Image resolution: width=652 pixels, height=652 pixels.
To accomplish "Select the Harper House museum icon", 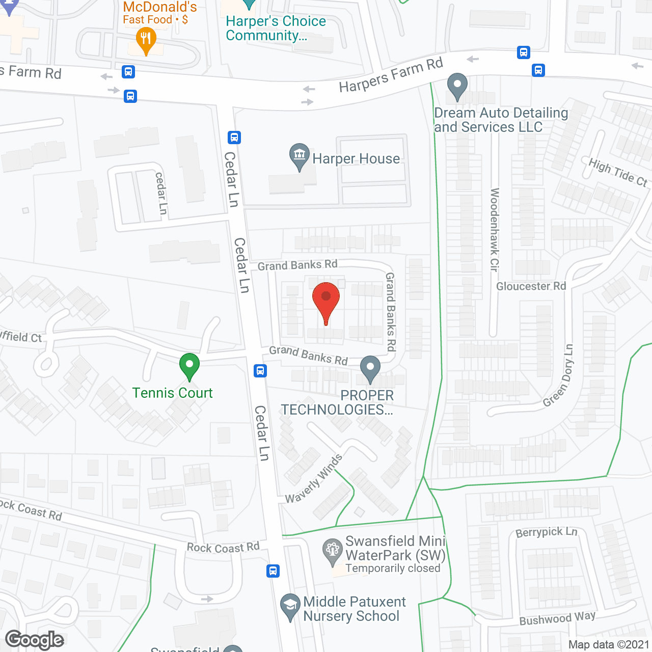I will tap(299, 156).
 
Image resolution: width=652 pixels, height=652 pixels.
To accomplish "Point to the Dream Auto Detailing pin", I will tap(457, 86).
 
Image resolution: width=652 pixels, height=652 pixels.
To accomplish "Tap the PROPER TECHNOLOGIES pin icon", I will tap(370, 368).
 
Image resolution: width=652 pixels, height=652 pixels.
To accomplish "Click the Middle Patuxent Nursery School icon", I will tap(290, 606).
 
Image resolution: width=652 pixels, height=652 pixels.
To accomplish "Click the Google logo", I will tap(35, 639).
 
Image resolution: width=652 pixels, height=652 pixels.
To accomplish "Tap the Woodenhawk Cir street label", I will tap(495, 229).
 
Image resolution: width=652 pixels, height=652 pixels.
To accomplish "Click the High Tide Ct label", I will tap(618, 173).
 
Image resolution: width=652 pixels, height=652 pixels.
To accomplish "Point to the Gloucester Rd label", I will tap(531, 286).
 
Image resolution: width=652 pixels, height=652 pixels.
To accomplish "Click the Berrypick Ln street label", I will tap(547, 532).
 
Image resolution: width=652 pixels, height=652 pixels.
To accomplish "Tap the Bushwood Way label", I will tap(557, 618).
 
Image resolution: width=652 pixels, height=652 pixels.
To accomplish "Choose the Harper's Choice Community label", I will tap(276, 29).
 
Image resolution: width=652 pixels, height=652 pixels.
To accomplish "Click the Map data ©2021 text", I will tap(609, 644).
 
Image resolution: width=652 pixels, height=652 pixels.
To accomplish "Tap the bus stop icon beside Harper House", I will tap(234, 137).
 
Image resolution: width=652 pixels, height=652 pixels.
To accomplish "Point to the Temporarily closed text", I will tap(393, 568).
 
